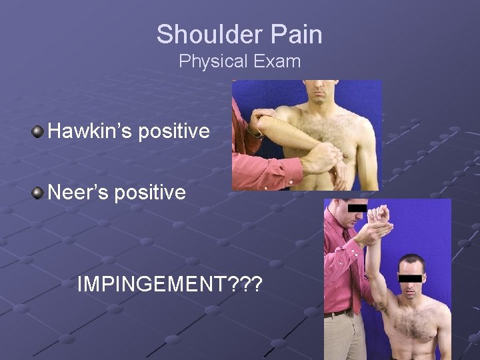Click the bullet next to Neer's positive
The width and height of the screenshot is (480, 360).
pos(39,193)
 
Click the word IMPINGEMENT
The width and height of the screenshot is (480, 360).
pos(152,285)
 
